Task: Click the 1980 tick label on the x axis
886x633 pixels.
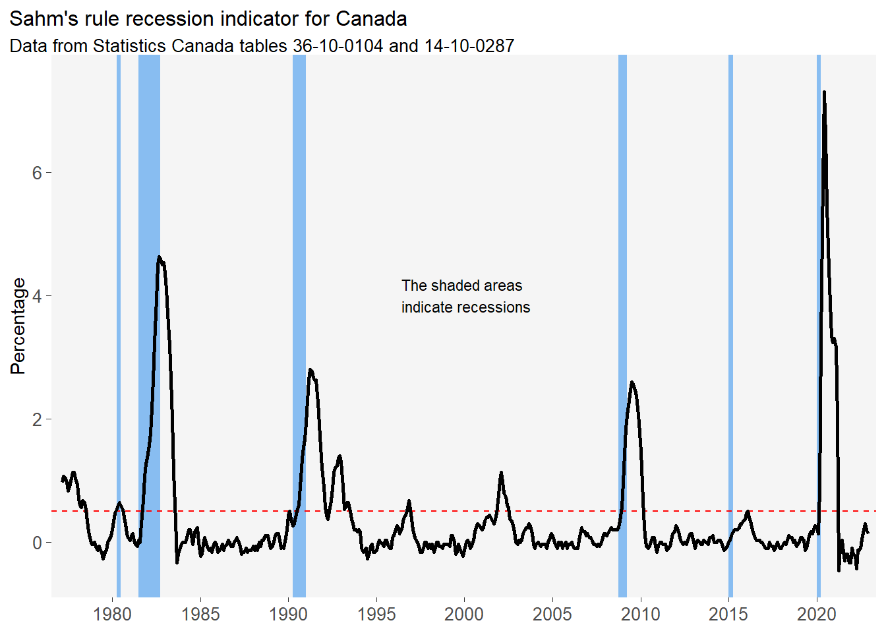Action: pyautogui.click(x=113, y=615)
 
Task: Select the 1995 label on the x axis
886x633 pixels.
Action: pyautogui.click(x=376, y=615)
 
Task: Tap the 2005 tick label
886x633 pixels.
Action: pyautogui.click(x=552, y=615)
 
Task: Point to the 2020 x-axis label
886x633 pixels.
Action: pyautogui.click(x=817, y=615)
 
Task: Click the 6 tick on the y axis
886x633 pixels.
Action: pyautogui.click(x=37, y=173)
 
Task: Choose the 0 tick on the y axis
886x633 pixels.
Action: pyautogui.click(x=37, y=543)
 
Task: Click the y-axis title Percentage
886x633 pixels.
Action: pyautogui.click(x=18, y=326)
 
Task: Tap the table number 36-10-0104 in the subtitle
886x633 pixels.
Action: pyautogui.click(x=338, y=46)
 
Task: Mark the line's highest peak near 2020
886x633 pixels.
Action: pyautogui.click(x=824, y=92)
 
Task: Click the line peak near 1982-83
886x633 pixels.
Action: pyautogui.click(x=159, y=257)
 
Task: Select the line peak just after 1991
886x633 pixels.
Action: pyautogui.click(x=310, y=370)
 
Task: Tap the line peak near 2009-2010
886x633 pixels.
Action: pyautogui.click(x=632, y=382)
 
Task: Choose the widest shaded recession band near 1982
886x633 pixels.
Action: pyautogui.click(x=149, y=330)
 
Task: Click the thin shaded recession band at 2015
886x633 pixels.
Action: pyautogui.click(x=730, y=330)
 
